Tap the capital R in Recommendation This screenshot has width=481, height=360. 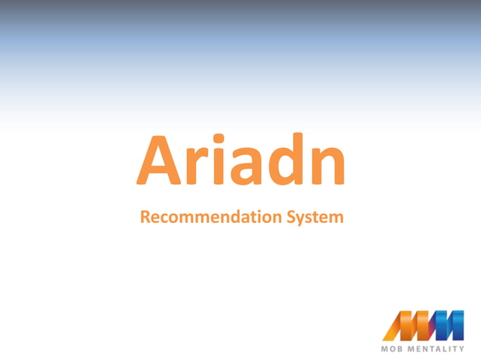point(146,217)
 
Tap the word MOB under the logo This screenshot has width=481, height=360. point(394,349)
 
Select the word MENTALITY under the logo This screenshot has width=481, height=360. point(437,349)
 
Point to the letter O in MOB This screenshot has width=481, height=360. point(394,349)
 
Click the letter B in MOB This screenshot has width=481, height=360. point(402,349)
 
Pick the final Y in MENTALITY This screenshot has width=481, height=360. point(461,349)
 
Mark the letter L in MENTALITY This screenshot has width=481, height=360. point(443,349)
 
